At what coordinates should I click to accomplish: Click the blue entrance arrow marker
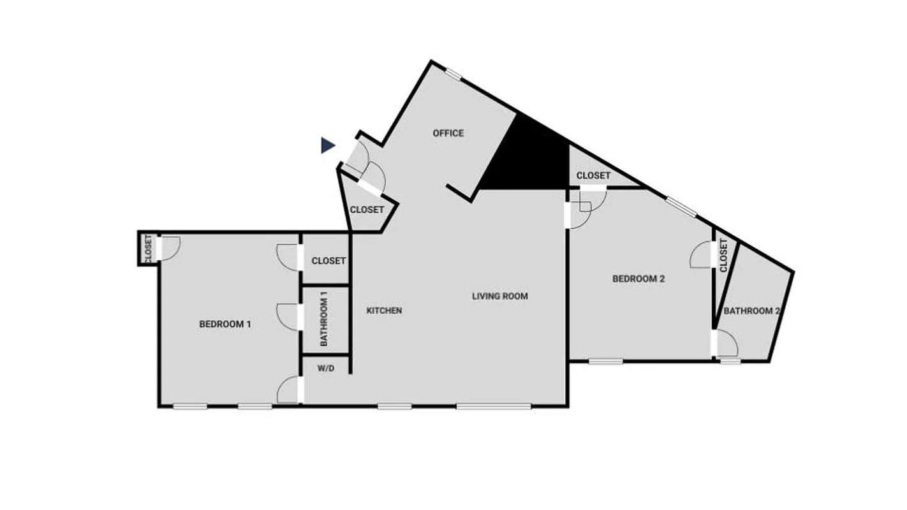[x=328, y=146]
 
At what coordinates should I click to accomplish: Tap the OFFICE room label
[x=448, y=133]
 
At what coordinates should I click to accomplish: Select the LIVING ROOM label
[x=500, y=296]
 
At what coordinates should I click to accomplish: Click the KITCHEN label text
[x=384, y=310]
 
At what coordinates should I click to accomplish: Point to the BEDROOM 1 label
[x=225, y=324]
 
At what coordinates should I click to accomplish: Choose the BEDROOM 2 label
[x=638, y=279]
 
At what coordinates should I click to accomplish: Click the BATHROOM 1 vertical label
[x=324, y=319]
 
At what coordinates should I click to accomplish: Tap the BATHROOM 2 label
[x=751, y=311]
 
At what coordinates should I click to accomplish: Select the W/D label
[x=325, y=368]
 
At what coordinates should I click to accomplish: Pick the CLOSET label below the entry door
[x=367, y=210]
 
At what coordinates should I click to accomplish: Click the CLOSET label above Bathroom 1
[x=328, y=261]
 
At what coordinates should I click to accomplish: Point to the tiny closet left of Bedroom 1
[x=148, y=249]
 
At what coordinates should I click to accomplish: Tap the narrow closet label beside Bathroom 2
[x=723, y=255]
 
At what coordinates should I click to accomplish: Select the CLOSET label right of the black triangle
[x=593, y=175]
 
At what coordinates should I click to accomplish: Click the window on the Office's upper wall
[x=453, y=74]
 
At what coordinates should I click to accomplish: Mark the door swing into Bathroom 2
[x=727, y=345]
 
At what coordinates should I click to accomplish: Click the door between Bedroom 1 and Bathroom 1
[x=288, y=317]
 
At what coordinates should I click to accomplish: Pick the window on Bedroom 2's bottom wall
[x=605, y=362]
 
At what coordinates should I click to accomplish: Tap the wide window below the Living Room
[x=494, y=406]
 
